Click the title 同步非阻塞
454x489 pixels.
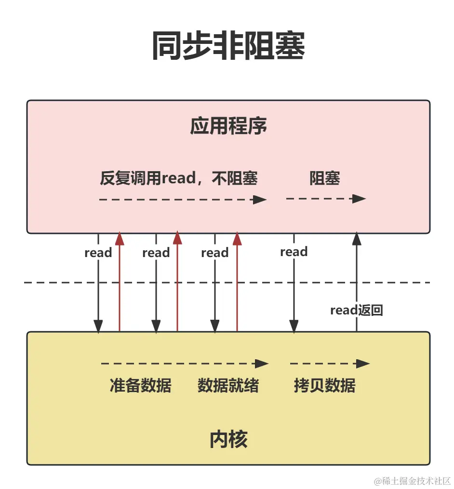228,46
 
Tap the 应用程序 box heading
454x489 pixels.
228,126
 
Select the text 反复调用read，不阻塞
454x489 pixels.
179,178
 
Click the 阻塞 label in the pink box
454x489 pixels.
324,178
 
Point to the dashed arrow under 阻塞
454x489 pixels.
326,199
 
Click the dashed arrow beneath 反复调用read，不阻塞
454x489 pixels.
182,199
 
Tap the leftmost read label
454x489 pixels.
98,253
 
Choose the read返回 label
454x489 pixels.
356,310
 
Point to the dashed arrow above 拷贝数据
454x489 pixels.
329,364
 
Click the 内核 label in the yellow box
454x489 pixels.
228,439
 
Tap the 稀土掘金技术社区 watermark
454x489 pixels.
412,481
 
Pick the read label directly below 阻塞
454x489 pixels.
294,252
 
